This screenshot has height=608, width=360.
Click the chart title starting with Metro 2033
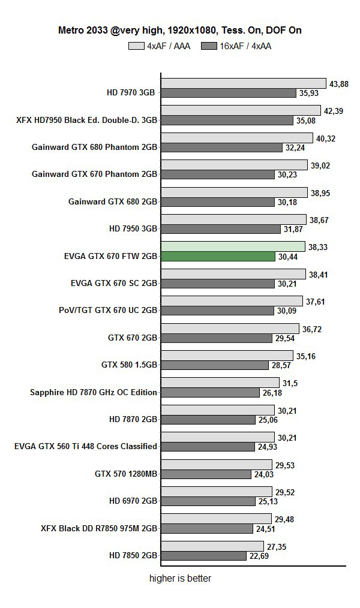179,30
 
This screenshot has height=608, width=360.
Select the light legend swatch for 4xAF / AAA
136,46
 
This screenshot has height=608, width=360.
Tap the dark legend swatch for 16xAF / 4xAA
209,46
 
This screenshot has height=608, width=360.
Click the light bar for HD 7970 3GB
243,83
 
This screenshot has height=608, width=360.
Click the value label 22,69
260,556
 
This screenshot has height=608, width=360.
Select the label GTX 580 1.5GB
129,365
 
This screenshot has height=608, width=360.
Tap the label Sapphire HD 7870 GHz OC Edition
94,392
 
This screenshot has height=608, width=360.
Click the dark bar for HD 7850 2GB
203,556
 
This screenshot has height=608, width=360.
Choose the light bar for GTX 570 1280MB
217,465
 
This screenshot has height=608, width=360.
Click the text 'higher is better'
180,579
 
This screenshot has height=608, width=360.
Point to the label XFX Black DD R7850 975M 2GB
99,528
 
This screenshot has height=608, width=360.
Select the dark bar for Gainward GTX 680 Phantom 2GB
221,148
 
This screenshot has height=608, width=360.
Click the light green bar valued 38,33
232,246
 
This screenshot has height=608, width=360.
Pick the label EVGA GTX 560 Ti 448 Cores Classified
86,446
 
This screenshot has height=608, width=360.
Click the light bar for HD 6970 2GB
217,492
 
